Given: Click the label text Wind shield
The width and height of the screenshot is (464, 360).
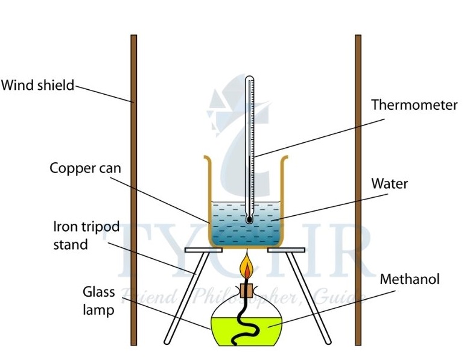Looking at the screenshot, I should point(37,85).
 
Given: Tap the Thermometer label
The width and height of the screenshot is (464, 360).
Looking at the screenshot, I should point(414,105).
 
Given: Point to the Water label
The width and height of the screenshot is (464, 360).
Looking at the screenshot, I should point(389,183).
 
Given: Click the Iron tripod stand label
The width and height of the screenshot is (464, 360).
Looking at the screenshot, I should point(86,235).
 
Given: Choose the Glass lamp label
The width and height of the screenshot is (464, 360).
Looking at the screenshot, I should point(98,302).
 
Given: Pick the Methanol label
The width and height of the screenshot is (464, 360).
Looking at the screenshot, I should point(410,279).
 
